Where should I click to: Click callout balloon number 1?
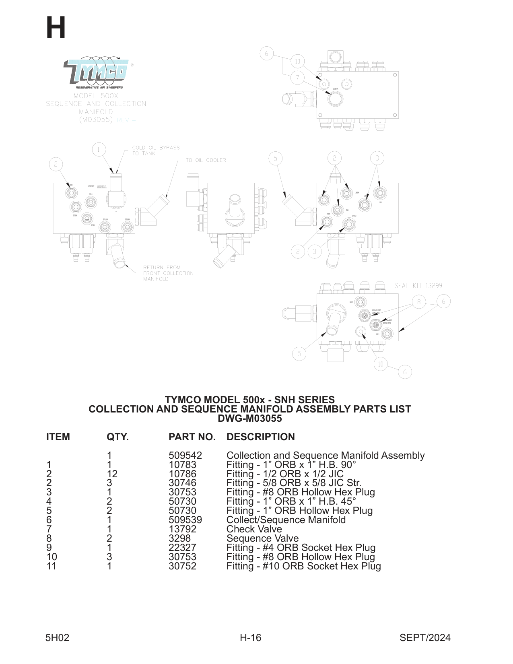[x=98, y=150]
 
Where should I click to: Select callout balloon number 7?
[x=297, y=78]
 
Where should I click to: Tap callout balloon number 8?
[x=419, y=302]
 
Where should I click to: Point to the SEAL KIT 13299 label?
[x=418, y=286]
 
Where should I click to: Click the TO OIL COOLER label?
[x=206, y=160]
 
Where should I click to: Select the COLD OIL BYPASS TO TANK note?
[x=156, y=151]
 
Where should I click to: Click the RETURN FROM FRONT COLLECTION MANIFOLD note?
[x=168, y=273]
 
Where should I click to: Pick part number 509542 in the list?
[x=185, y=456]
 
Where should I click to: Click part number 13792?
[x=182, y=529]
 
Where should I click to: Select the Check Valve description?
[x=254, y=529]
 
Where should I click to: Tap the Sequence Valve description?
[x=262, y=538]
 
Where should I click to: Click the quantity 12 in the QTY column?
[x=112, y=474]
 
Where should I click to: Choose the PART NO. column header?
[x=192, y=437]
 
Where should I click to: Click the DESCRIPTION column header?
[x=260, y=437]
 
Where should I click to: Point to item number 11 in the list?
[x=51, y=566]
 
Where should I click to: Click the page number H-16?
[x=250, y=637]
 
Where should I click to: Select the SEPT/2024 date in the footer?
[x=425, y=637]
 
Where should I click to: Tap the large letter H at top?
[x=56, y=28]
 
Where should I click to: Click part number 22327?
[x=182, y=548]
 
